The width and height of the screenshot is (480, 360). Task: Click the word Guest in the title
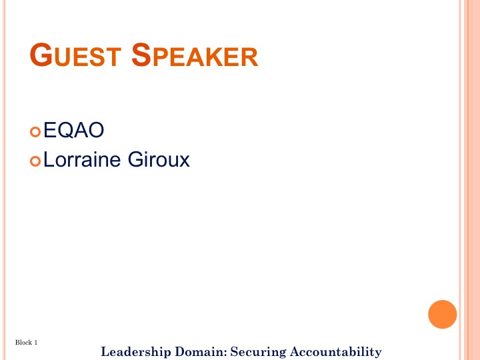pos(75,55)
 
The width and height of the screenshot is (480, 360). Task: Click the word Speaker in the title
pos(195,55)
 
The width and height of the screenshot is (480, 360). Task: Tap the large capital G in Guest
pos(41,55)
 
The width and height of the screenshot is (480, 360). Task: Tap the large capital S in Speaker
pos(141,55)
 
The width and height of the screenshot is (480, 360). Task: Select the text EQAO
pos(74,130)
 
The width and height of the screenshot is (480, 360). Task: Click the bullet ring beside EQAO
pos(35,132)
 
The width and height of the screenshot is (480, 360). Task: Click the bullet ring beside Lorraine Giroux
pos(35,161)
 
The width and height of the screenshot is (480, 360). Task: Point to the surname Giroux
pos(159,159)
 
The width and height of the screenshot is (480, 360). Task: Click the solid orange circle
pos(443,315)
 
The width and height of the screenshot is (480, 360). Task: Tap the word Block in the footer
pos(23,342)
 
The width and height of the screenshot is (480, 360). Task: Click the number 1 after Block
pos(36,342)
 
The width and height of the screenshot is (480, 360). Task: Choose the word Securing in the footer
pos(258,352)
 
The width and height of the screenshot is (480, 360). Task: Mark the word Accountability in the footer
pos(336,352)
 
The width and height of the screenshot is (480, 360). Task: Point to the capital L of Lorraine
pos(49,159)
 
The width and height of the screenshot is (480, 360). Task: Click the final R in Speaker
pos(251,57)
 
